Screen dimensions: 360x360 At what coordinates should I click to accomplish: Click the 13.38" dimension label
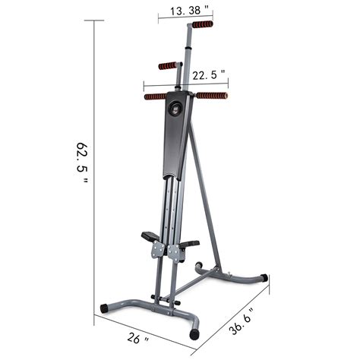[185, 11]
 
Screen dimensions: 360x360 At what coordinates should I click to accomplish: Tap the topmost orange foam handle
[202, 24]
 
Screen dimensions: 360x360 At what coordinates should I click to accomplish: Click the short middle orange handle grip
[169, 66]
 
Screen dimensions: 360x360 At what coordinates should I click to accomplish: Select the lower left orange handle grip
[155, 96]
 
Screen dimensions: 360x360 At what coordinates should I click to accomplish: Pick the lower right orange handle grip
[211, 96]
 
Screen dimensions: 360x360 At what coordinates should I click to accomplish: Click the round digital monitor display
[177, 107]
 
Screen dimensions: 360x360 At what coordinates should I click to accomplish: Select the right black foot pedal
[188, 245]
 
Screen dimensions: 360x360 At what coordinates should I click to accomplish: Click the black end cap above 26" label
[104, 309]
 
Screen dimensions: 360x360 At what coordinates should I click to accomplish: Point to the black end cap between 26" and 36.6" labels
[196, 333]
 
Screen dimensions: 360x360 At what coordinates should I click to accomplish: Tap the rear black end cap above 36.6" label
[264, 277]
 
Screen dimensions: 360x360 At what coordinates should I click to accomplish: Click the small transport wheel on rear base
[199, 267]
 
